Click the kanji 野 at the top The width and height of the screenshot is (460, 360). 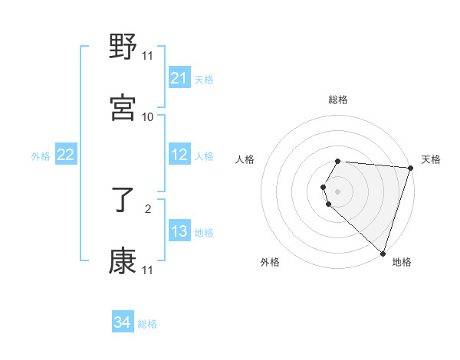(123, 48)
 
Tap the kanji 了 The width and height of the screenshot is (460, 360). (123, 201)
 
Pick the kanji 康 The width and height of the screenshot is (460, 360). (123, 260)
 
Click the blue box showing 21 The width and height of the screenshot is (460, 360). (179, 78)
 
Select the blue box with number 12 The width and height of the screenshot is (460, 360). (179, 155)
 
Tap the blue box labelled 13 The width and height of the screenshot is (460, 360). (179, 232)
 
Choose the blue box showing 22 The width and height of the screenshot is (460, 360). (66, 155)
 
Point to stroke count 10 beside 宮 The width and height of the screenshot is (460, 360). (148, 116)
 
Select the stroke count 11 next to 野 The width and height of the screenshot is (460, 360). (148, 56)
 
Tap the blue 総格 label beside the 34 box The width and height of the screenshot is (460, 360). (147, 324)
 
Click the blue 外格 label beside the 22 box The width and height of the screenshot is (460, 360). (41, 156)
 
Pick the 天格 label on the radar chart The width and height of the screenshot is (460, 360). (431, 159)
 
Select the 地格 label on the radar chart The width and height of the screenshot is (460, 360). (402, 262)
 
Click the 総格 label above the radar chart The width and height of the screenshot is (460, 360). (338, 100)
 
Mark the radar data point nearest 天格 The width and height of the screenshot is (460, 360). (410, 167)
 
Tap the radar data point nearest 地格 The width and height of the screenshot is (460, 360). (383, 253)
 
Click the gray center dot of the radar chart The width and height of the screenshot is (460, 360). (338, 191)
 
